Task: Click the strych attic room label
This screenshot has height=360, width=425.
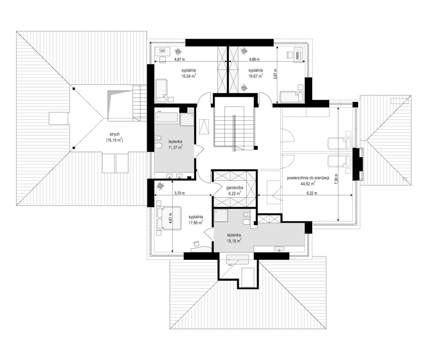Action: (x=114, y=134)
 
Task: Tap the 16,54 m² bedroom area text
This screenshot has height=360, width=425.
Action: (x=189, y=76)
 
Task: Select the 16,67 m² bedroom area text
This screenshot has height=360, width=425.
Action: (x=256, y=76)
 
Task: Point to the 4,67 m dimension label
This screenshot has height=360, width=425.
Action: (x=179, y=59)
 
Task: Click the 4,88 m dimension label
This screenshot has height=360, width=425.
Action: (x=254, y=59)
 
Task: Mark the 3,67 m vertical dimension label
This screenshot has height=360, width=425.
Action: (x=275, y=74)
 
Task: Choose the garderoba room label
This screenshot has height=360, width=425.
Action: (x=235, y=188)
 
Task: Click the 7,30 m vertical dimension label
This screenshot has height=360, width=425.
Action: (x=336, y=179)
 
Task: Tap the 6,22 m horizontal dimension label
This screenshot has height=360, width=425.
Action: (x=312, y=193)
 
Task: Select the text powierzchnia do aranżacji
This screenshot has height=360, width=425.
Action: (x=308, y=178)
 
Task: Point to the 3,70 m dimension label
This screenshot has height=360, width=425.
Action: (x=179, y=193)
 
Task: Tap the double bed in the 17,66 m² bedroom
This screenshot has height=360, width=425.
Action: (x=168, y=218)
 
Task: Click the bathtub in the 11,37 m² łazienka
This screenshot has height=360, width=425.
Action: (x=167, y=118)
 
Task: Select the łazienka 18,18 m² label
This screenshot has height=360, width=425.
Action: (x=234, y=238)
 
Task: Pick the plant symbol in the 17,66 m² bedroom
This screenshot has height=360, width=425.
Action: (x=160, y=186)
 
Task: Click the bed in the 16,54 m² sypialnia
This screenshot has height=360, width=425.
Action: (x=161, y=91)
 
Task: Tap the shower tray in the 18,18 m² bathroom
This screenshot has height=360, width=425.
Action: (x=221, y=216)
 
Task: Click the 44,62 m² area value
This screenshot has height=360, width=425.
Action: (x=308, y=184)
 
